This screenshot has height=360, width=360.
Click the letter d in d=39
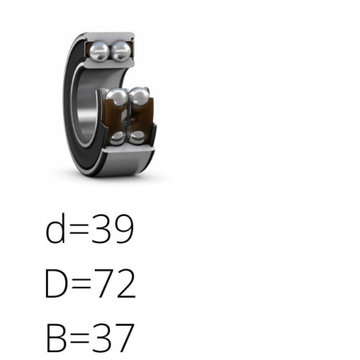55,228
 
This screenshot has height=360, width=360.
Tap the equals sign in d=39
79,230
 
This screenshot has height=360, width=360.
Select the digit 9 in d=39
123,229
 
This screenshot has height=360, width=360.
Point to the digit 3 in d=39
100,229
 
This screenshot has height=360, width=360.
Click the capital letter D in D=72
56,284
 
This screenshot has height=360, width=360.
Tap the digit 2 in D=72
126,284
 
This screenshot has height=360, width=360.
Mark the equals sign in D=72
80,284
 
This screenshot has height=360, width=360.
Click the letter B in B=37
56,338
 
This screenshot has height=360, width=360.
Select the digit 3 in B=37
101,338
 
